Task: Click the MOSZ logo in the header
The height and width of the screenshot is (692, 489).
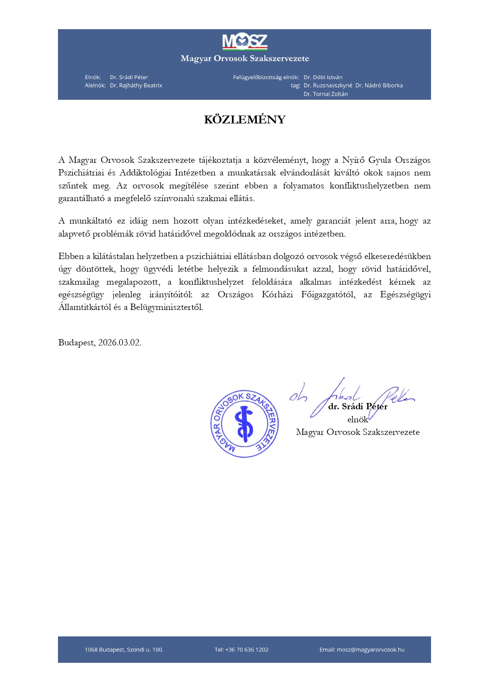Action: [244, 42]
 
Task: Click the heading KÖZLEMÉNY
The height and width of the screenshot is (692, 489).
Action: [244, 119]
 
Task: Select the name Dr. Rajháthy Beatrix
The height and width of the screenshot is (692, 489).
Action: [136, 86]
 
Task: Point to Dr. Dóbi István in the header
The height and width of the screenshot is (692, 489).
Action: [323, 77]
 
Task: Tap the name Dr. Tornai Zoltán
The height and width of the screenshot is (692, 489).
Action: [326, 94]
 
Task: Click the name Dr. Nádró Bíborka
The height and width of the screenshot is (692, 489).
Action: [379, 86]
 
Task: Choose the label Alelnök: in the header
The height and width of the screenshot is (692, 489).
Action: [95, 86]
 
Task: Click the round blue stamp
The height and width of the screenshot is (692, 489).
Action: [244, 424]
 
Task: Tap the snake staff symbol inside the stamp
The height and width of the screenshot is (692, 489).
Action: [244, 424]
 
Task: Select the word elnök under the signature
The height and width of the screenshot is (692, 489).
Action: [357, 420]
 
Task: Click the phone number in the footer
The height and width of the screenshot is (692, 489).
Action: [241, 650]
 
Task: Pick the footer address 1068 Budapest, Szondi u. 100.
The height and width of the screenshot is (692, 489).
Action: [124, 650]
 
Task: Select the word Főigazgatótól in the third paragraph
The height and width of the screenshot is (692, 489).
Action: [328, 295]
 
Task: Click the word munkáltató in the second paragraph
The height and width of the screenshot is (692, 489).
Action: [91, 221]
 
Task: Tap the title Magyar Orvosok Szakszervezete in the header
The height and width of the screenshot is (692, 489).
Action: [244, 59]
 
